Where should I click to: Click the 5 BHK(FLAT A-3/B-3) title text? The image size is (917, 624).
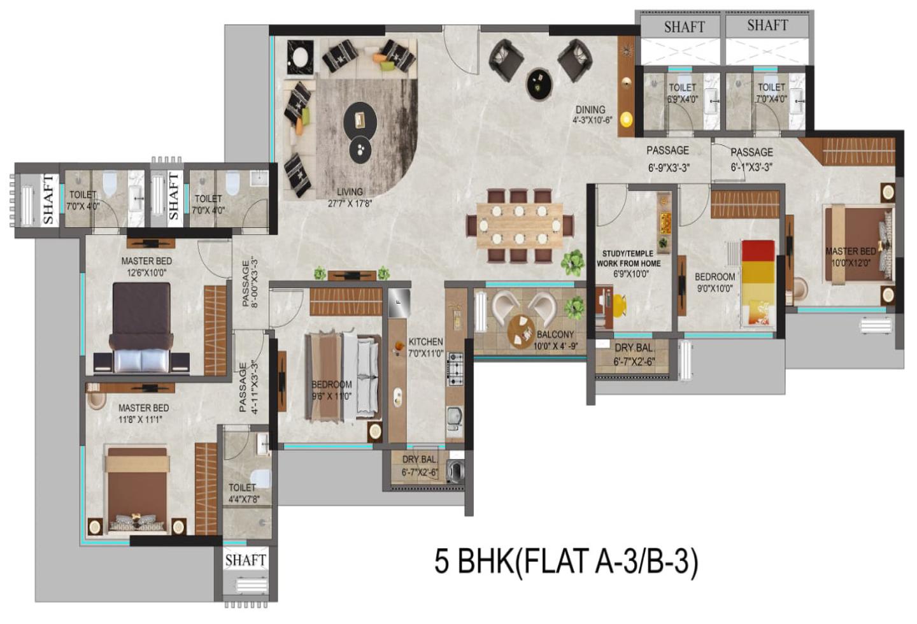[x=565, y=562]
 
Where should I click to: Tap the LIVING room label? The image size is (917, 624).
[x=350, y=192]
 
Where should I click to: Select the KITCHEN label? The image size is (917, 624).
[x=425, y=342]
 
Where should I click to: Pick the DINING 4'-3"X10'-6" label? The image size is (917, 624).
[x=592, y=114]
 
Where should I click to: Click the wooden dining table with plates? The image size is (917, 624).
[x=520, y=225]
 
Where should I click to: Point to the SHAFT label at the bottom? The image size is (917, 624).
[x=245, y=560]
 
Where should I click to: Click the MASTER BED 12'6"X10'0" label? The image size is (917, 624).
[x=146, y=266]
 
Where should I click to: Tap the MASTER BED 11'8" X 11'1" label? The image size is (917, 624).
[x=143, y=413]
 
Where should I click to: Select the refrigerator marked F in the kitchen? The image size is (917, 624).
[x=399, y=302]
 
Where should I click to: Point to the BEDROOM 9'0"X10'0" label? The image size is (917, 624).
[x=714, y=282]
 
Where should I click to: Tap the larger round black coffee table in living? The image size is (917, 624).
[x=360, y=120]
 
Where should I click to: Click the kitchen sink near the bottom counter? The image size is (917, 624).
[x=454, y=416]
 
